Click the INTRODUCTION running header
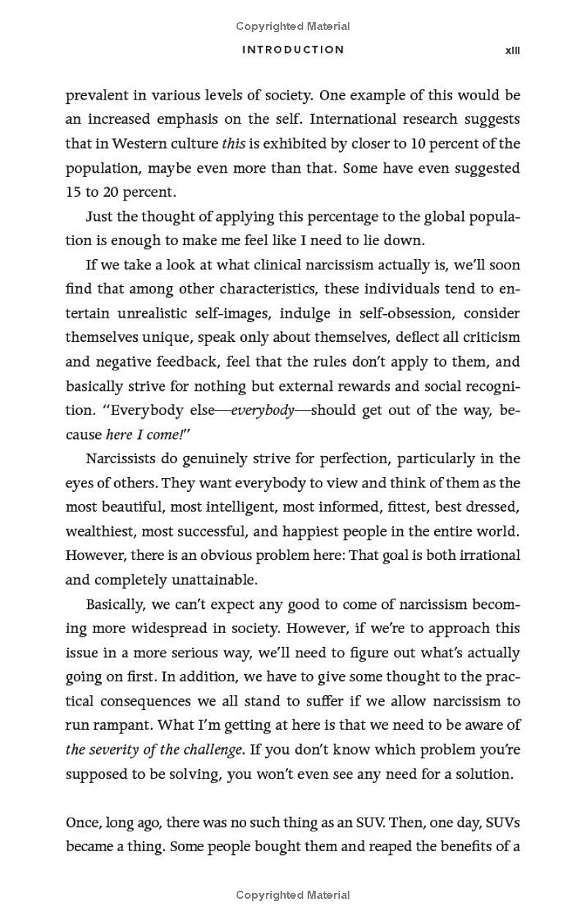click(293, 50)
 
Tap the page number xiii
click(513, 51)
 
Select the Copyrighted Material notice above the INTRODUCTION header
click(293, 26)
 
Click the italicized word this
click(234, 143)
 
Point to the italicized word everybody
click(262, 411)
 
